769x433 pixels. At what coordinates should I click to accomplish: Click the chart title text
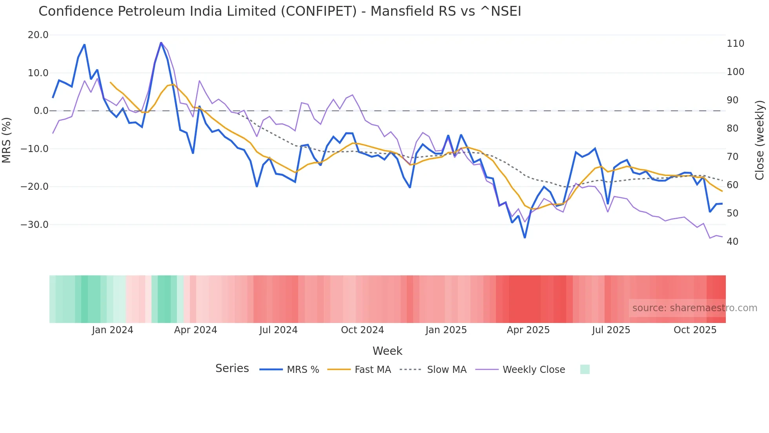[x=280, y=11]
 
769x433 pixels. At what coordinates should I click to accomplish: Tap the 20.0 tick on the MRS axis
[x=38, y=35]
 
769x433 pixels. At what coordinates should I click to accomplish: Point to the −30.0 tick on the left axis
[x=35, y=225]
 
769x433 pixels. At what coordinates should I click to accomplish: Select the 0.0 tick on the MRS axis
[x=41, y=111]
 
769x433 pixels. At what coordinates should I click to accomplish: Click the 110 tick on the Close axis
[x=735, y=44]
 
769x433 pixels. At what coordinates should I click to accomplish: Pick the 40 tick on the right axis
[x=733, y=242]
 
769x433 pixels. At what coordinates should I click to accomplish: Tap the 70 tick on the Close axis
[x=733, y=157]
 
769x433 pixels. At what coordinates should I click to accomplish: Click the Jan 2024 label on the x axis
[x=113, y=330]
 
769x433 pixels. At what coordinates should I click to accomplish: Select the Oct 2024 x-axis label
[x=362, y=330]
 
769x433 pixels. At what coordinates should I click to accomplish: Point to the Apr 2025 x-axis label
[x=528, y=330]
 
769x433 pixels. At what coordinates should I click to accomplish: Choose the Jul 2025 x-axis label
[x=611, y=330]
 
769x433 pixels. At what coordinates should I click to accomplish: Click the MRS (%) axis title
[x=7, y=140]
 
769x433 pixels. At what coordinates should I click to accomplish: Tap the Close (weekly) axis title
[x=760, y=140]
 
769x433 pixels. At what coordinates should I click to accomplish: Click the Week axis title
[x=387, y=351]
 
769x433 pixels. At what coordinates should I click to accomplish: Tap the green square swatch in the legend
[x=585, y=369]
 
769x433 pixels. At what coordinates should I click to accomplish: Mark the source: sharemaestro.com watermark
[x=694, y=308]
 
